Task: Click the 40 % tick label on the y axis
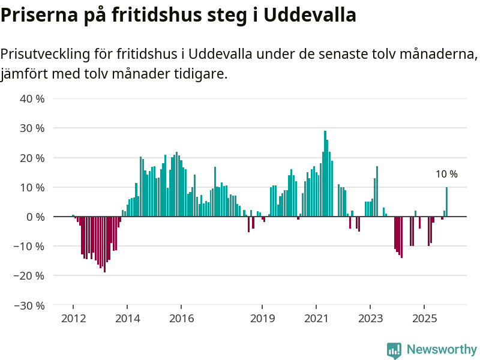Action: (x=32, y=98)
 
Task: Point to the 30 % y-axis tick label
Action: (x=32, y=128)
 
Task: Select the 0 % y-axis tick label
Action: (x=35, y=217)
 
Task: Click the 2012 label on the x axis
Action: (x=73, y=318)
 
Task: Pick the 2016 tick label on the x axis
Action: (x=182, y=318)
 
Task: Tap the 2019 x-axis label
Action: (x=262, y=318)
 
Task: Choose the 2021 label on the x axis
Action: (x=316, y=318)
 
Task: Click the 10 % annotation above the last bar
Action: (x=446, y=175)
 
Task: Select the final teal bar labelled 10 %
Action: (x=446, y=202)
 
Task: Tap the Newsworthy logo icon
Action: (x=394, y=350)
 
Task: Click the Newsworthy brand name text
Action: (x=442, y=350)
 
